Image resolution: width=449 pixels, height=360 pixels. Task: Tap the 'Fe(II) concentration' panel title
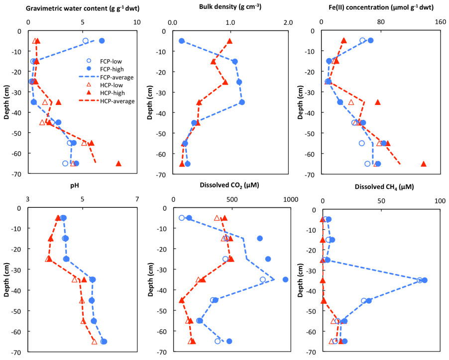(x=377, y=7)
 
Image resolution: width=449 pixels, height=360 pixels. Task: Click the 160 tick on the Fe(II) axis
(x=440, y=22)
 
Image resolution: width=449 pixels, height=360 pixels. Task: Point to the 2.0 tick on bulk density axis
(x=288, y=22)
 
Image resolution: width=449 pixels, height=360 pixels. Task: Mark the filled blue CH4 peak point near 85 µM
(x=425, y=280)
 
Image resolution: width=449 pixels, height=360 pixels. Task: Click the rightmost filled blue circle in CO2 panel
(x=285, y=279)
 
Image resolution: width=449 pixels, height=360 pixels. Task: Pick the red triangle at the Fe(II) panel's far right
(x=424, y=164)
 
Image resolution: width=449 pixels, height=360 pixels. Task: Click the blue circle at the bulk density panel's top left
(x=182, y=41)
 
